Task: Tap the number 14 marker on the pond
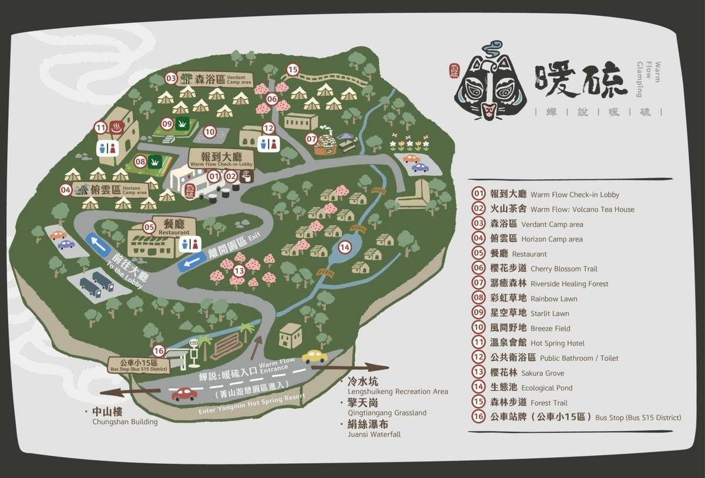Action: (344, 247)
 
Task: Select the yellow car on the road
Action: (314, 356)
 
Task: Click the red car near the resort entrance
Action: (184, 394)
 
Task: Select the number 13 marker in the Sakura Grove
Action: (239, 270)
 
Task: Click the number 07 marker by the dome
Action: (311, 139)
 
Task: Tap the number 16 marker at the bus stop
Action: (159, 351)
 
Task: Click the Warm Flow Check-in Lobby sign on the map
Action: (220, 159)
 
